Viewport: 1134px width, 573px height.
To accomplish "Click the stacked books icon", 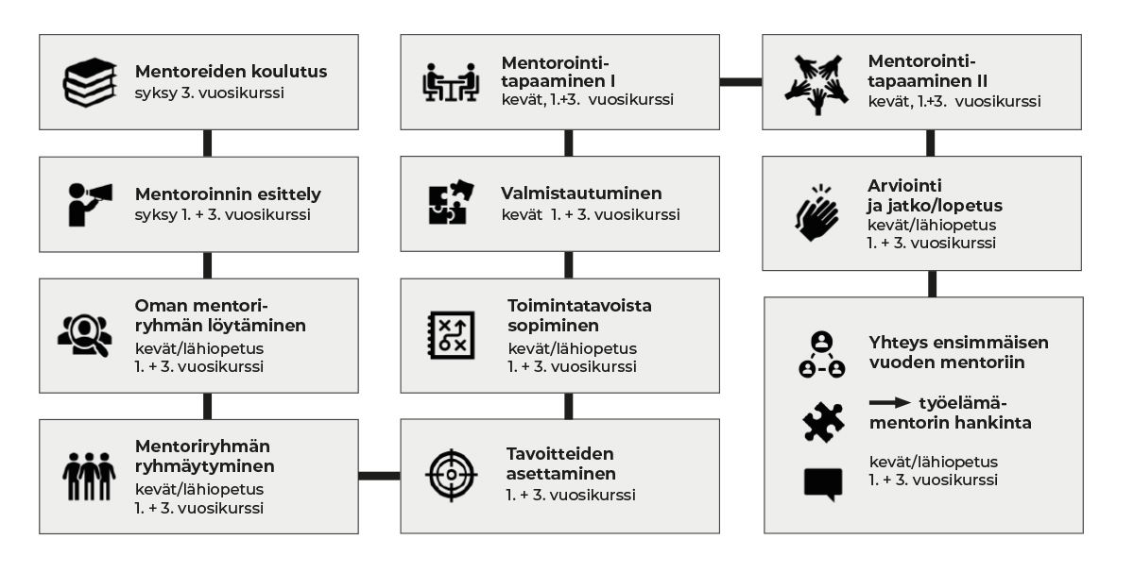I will coord(89,82).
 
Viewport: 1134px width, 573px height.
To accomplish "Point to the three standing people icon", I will coord(89,476).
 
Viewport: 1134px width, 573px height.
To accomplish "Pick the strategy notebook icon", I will coord(446,333).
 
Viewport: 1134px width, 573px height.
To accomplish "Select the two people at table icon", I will coord(450,82).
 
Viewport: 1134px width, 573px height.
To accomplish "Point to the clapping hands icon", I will coord(816,212).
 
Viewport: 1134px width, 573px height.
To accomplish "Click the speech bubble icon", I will coord(822,484).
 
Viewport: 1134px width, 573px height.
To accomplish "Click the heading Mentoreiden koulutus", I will coord(232,71).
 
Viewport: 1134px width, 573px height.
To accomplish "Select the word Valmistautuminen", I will coord(581,194).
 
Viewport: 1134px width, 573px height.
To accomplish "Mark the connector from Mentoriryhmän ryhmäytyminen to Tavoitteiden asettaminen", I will coord(379,475).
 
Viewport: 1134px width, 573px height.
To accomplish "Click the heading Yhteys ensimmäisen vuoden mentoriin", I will coord(958,351).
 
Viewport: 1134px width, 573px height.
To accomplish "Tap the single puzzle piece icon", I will coord(822,422).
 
